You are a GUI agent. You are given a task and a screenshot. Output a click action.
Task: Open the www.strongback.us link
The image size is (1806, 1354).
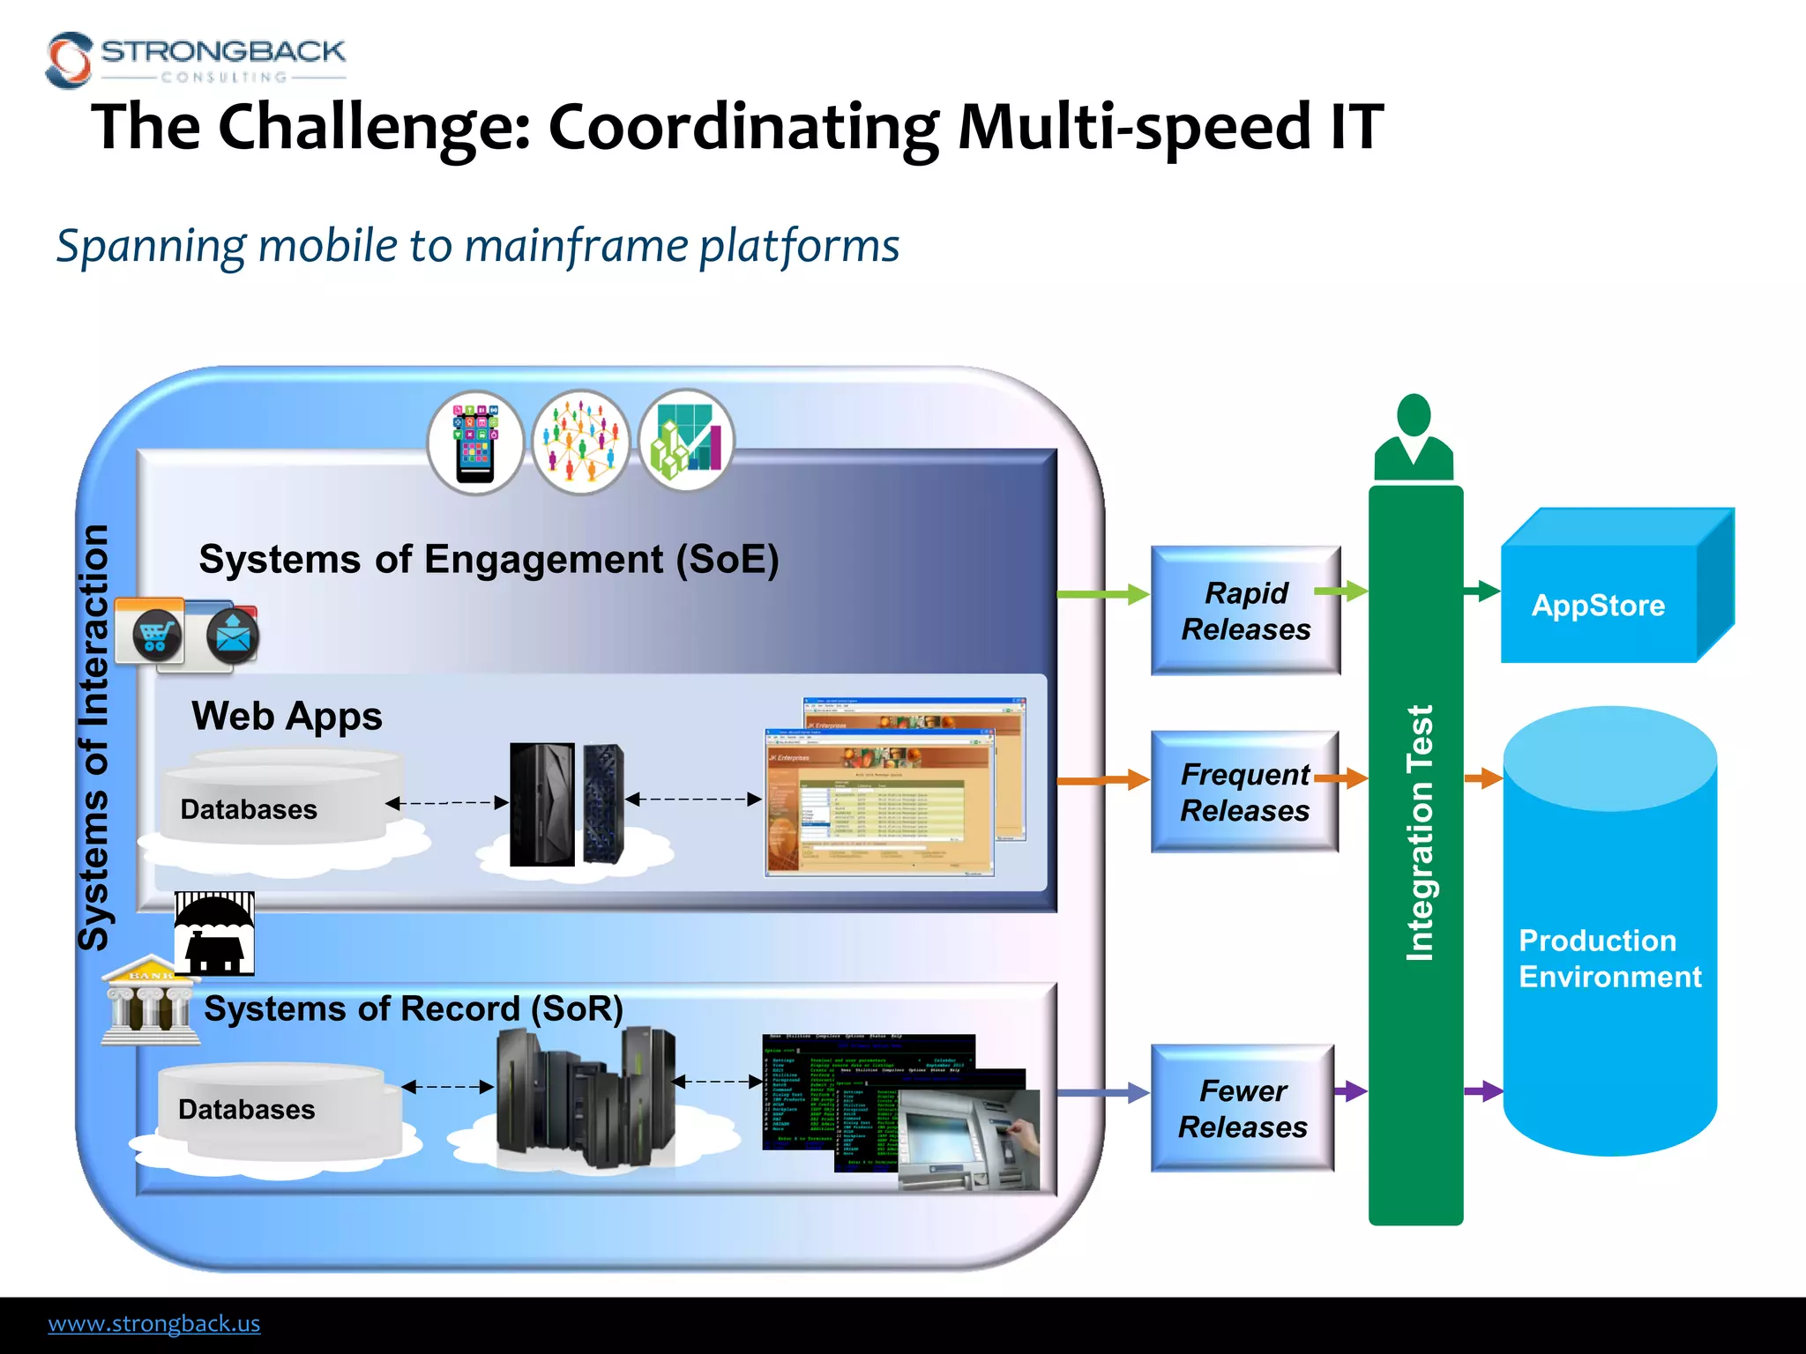[x=154, y=1323]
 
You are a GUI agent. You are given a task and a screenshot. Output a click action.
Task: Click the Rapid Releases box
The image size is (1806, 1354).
[x=1244, y=610]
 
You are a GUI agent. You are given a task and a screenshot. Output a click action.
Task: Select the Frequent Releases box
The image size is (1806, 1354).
[x=1244, y=792]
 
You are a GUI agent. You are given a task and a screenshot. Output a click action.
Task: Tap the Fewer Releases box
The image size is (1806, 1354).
[x=1243, y=1108]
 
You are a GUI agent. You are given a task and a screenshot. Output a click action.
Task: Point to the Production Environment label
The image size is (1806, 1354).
[x=1608, y=958]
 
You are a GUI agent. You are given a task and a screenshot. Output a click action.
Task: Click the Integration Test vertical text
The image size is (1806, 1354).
[x=1419, y=832]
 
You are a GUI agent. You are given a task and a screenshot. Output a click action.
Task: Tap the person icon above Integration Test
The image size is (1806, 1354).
[x=1414, y=437]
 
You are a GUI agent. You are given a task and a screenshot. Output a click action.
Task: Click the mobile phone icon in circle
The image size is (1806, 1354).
[x=475, y=442]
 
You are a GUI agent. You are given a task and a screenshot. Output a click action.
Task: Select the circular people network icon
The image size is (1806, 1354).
[x=581, y=442]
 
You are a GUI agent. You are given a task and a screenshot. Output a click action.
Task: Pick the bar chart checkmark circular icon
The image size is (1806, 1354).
[x=686, y=441]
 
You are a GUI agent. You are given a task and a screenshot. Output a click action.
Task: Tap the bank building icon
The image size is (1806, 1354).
[x=148, y=1002]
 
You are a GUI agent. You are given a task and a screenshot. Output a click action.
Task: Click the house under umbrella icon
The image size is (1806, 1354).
[x=214, y=934]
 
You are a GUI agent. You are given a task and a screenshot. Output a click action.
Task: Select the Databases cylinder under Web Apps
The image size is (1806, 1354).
[x=273, y=798]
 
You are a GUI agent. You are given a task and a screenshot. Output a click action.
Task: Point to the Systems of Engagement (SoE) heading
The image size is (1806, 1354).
[x=489, y=559]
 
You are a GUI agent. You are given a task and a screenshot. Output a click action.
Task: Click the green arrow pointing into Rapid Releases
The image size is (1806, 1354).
[x=1102, y=594]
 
